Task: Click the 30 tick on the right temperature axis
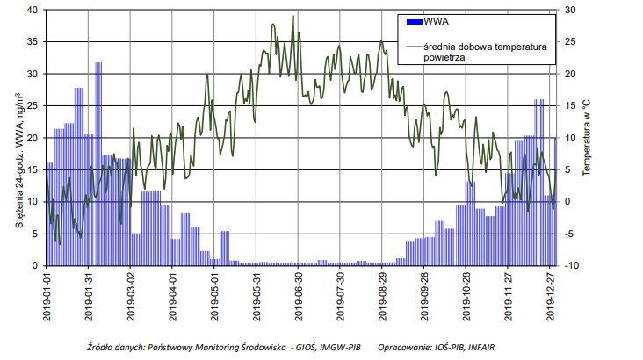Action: [570, 11]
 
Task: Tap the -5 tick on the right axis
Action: [570, 234]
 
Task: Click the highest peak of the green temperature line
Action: [293, 16]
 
